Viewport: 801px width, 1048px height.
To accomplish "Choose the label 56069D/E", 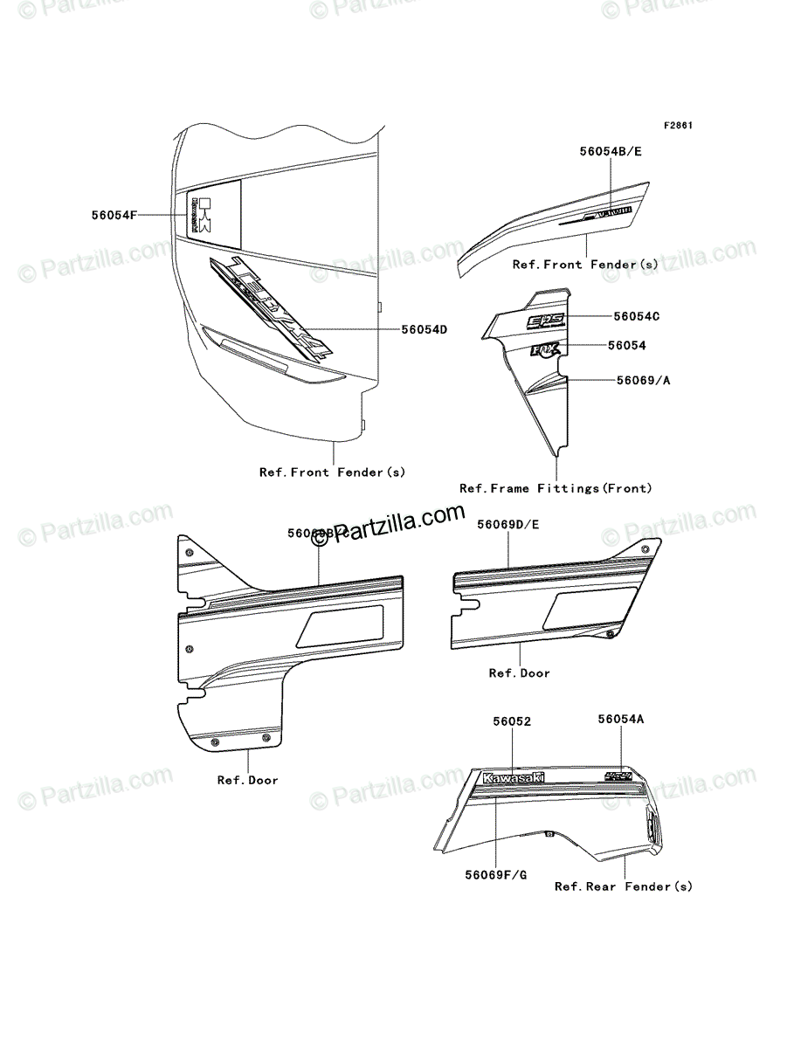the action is click(x=508, y=525).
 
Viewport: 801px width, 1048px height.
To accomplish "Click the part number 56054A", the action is click(x=621, y=720).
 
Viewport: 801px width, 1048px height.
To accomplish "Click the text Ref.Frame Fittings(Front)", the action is click(x=556, y=489).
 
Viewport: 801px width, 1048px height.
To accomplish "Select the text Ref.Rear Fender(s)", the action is click(x=624, y=886).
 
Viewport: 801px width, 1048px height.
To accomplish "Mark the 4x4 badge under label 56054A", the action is click(x=618, y=775).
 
